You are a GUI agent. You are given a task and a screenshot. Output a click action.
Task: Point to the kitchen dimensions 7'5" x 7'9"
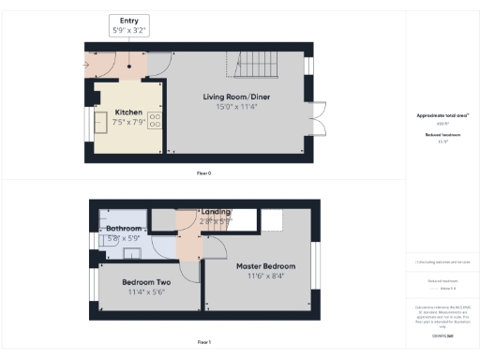(128, 121)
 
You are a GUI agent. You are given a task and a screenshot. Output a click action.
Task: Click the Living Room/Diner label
(236, 97)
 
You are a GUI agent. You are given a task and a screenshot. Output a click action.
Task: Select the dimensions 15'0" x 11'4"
(236, 107)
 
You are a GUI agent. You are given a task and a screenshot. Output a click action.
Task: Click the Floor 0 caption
(203, 173)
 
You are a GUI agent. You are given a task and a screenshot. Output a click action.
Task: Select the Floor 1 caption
(203, 343)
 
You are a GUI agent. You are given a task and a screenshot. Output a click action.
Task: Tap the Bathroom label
(124, 229)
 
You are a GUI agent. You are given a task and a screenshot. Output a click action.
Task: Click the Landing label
(217, 212)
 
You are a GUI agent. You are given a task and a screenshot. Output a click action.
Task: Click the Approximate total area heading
(442, 115)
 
